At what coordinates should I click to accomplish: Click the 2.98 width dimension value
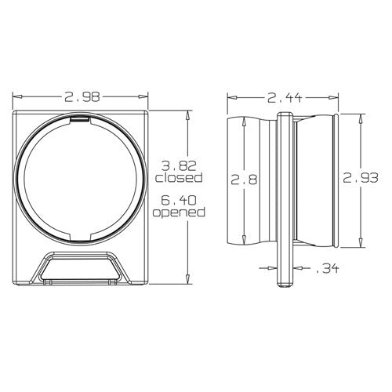(x=81, y=98)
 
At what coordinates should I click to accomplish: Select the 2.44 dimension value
(x=283, y=98)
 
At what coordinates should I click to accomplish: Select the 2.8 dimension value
(x=242, y=180)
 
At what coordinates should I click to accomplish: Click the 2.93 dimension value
(x=360, y=180)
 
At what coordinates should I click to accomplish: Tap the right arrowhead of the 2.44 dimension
(x=337, y=98)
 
